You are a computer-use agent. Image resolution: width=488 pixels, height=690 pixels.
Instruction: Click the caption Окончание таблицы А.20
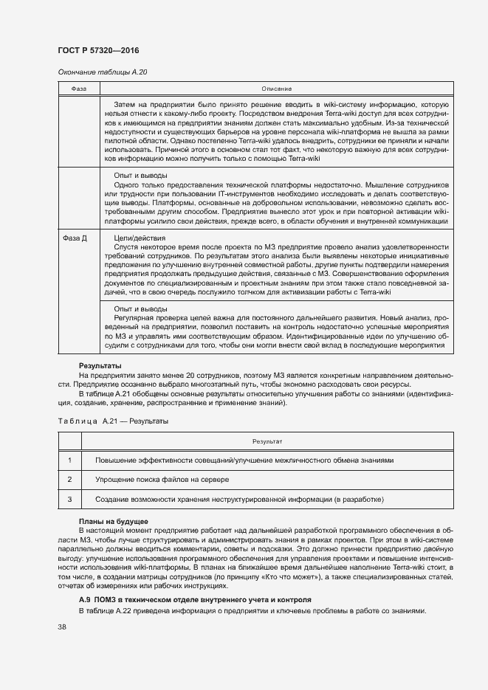(103, 72)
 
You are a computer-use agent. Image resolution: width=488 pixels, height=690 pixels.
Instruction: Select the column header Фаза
(79, 89)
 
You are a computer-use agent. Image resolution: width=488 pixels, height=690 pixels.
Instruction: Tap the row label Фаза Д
(74, 238)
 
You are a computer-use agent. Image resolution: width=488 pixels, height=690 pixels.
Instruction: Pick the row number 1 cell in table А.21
(69, 460)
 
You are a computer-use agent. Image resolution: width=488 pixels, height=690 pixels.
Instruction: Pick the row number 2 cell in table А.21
(69, 480)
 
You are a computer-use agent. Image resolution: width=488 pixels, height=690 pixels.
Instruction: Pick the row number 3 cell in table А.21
(69, 500)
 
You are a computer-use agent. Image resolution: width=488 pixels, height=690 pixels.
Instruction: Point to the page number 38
(62, 627)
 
